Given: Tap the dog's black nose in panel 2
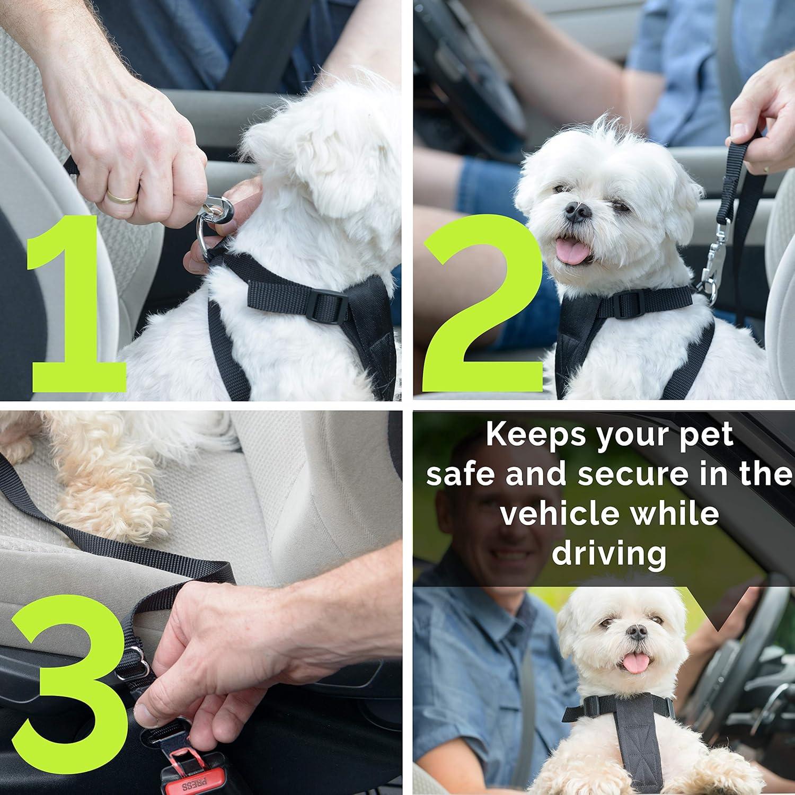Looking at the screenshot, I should click(x=577, y=212).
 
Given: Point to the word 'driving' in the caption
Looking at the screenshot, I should click(x=609, y=554).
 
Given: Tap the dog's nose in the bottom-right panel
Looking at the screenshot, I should click(x=637, y=632).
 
